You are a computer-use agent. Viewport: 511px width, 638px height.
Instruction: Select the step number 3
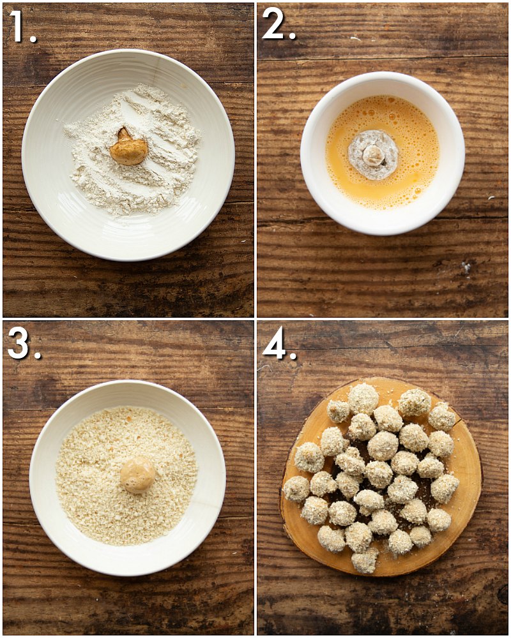coord(24,345)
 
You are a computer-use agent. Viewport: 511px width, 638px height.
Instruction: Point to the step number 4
coord(280,345)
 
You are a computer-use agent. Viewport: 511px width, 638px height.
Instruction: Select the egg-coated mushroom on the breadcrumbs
coord(138,475)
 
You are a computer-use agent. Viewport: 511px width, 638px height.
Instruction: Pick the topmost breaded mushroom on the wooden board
coord(363,398)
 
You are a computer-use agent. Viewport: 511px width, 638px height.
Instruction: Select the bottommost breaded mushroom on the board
coord(364,560)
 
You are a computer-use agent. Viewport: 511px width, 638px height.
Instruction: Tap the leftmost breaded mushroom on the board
coord(296,489)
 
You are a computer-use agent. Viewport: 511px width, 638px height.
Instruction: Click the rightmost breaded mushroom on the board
coord(445,487)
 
